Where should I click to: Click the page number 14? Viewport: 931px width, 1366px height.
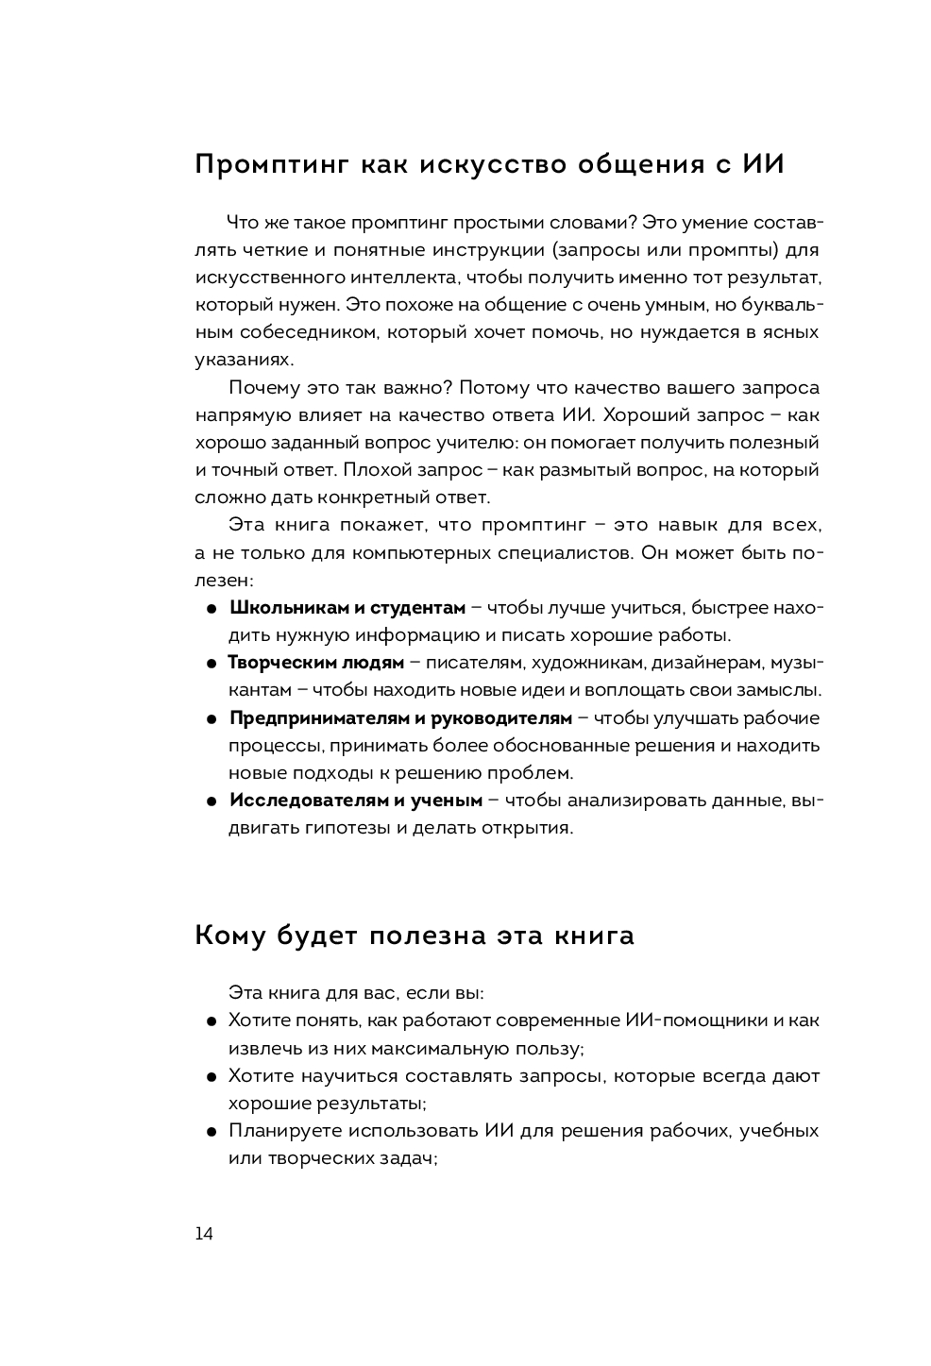pyautogui.click(x=204, y=1234)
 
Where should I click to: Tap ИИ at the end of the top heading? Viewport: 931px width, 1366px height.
pyautogui.click(x=763, y=164)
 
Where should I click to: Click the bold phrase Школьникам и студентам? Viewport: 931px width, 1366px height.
pyautogui.click(x=347, y=607)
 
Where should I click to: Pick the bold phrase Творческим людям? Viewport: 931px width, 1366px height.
pyautogui.click(x=316, y=663)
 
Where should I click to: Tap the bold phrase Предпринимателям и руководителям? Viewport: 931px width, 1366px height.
pyautogui.click(x=400, y=718)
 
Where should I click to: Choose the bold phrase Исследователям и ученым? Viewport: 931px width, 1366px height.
pyautogui.click(x=356, y=801)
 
